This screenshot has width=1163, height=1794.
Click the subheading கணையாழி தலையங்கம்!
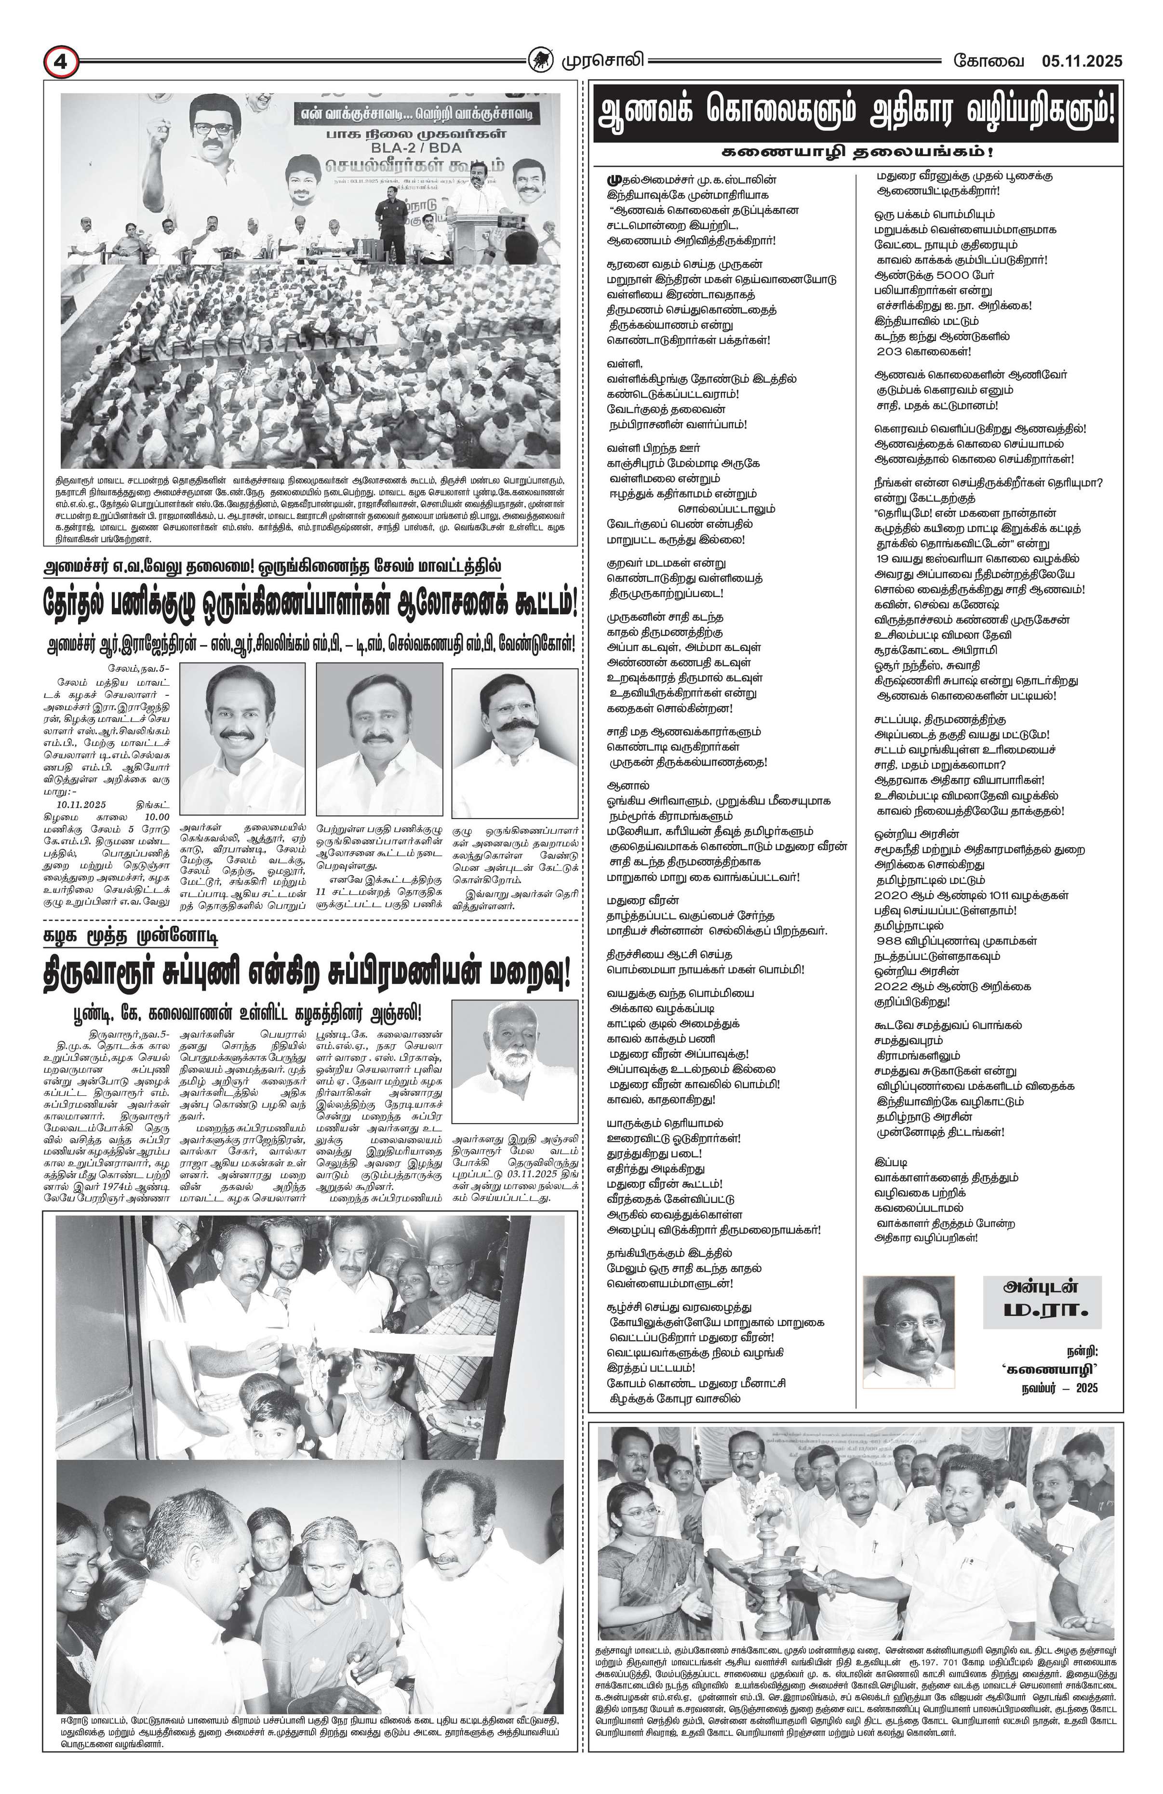[x=857, y=151]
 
